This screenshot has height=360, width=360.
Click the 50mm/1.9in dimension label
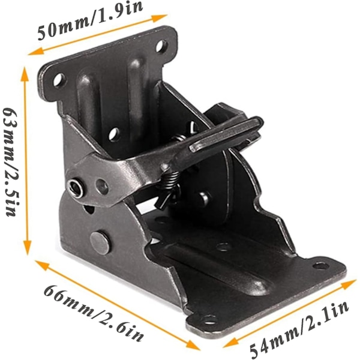90,20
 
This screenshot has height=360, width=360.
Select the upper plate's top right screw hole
161,46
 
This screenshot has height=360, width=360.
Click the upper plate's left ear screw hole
59,80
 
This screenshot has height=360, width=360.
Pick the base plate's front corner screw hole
209,319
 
